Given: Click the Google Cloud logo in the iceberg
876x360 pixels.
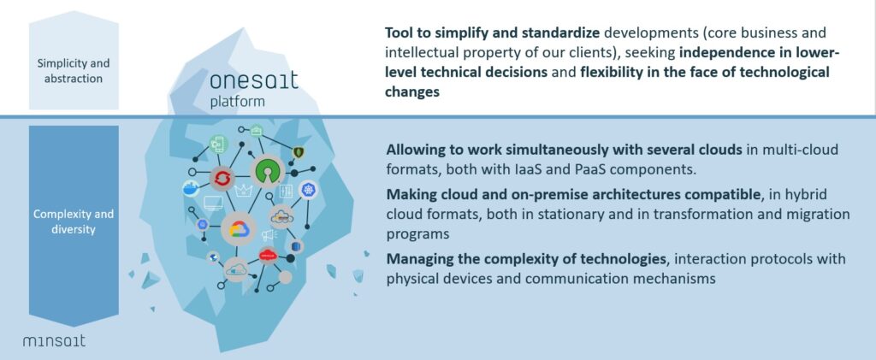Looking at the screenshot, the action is tap(239, 229).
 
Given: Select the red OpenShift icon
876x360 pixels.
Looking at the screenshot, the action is tap(222, 179).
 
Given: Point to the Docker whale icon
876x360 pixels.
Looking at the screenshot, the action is tap(191, 189).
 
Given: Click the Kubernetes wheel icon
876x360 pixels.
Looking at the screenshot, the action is tap(308, 191).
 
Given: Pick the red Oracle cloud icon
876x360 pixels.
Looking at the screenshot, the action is tap(268, 255).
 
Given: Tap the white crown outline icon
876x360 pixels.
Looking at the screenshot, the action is tap(244, 192).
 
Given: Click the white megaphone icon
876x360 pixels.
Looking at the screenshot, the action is tap(269, 235).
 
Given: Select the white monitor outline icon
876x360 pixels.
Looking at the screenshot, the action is tap(213, 203).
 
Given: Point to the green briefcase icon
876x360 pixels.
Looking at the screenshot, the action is tap(257, 131).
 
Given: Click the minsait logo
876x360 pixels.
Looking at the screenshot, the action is tap(54, 340).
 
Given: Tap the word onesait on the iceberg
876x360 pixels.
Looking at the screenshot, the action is tap(254, 81).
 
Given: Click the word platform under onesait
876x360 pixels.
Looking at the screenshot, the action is tap(238, 103).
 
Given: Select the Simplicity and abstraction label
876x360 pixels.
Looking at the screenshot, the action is tap(74, 71).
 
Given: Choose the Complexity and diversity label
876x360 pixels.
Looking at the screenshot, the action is tap(74, 221).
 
